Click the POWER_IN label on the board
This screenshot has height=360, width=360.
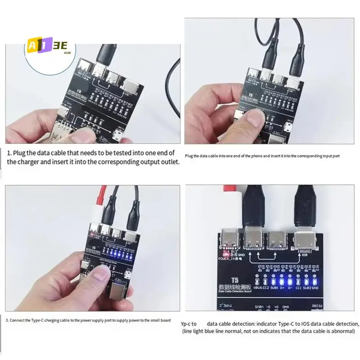click(228, 259)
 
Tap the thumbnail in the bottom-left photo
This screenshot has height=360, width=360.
click(101, 274)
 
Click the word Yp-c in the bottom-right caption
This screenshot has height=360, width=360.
click(187, 324)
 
